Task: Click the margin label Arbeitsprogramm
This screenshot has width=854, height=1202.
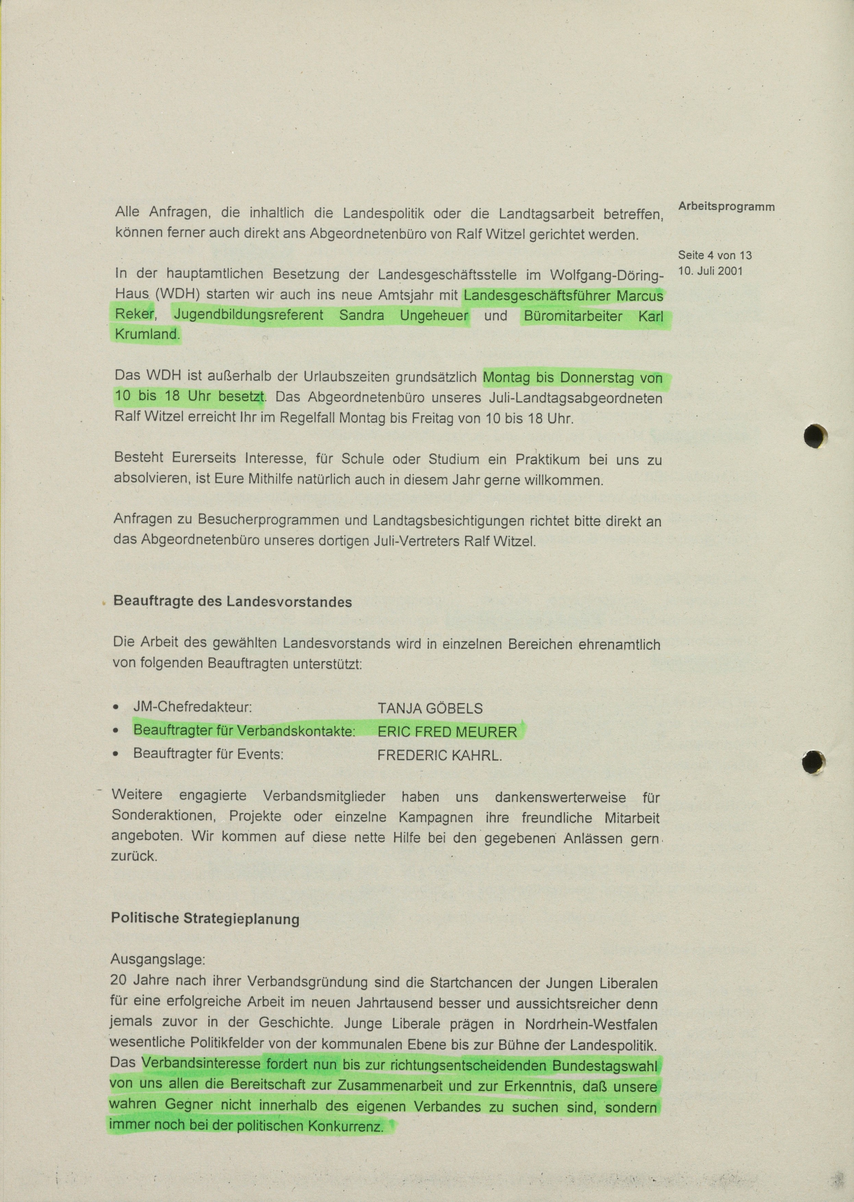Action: [726, 206]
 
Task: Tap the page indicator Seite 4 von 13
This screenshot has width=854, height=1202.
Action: [715, 256]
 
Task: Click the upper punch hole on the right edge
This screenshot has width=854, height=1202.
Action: [816, 437]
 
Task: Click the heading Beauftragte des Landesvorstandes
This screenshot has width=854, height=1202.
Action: [233, 602]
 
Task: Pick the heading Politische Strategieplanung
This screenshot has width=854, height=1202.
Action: [205, 919]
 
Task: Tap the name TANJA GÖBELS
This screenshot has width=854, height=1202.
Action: [430, 709]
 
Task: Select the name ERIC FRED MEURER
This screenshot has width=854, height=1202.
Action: [447, 732]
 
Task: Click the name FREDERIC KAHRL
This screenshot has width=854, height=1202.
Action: [440, 756]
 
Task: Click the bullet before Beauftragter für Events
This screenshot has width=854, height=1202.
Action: [116, 755]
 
